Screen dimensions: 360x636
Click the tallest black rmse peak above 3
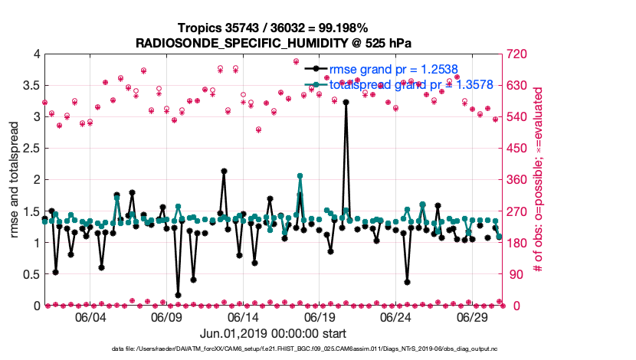tap(346, 101)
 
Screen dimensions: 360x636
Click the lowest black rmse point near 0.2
tap(178, 294)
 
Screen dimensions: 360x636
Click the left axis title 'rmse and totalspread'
tap(14, 180)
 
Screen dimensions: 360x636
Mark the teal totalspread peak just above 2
tap(300, 176)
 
